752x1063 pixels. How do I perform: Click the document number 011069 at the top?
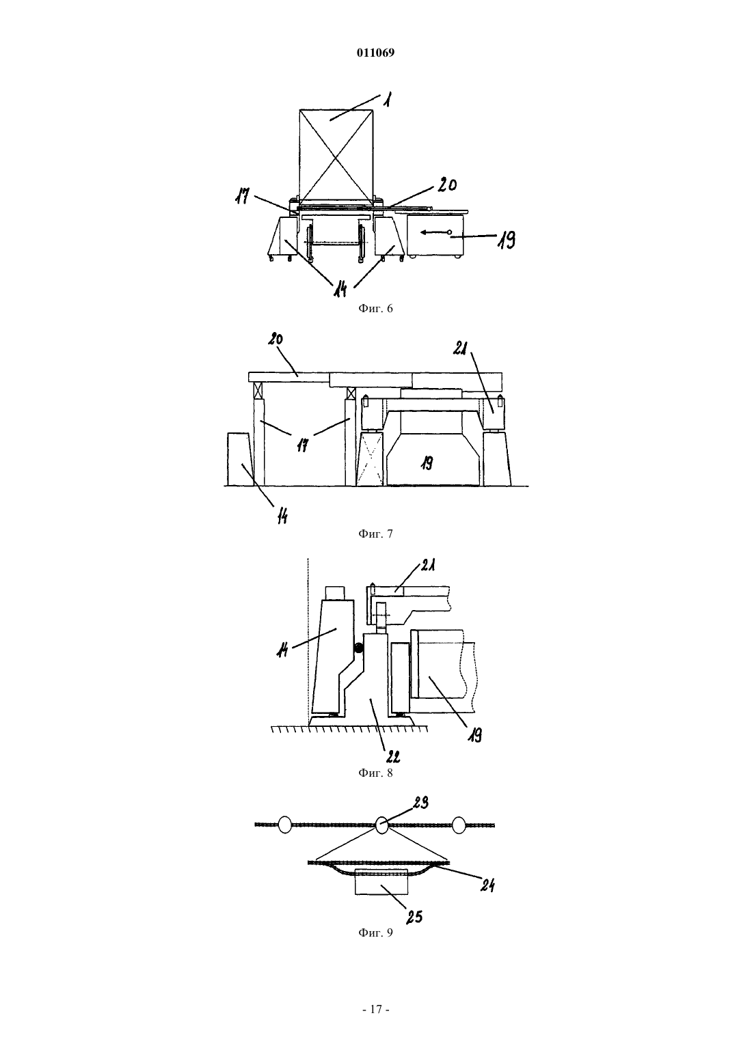375,53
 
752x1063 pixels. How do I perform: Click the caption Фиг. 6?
375,309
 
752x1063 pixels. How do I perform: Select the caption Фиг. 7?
375,534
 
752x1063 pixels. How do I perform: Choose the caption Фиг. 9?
375,933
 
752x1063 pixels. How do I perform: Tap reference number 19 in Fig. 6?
506,240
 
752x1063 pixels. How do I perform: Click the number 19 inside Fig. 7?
427,463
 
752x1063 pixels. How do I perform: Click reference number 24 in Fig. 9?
487,884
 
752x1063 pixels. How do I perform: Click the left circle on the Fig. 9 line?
285,825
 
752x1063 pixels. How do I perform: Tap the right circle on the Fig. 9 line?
459,825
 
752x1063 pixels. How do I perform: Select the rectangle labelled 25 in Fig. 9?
381,881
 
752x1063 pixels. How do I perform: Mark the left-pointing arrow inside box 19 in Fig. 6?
435,232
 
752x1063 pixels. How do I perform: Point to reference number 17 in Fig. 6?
243,196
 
